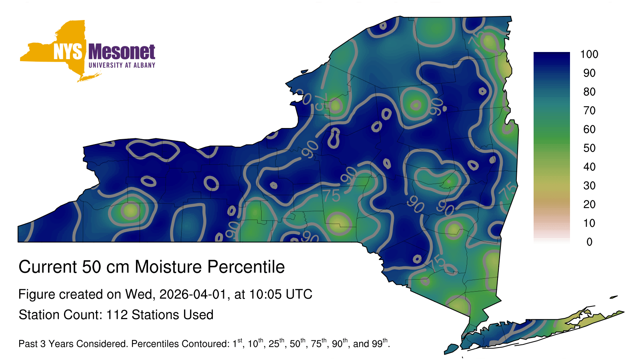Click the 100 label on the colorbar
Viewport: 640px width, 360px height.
coord(589,54)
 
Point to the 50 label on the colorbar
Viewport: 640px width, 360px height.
coord(589,148)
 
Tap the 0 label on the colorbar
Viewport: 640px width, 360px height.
coord(589,242)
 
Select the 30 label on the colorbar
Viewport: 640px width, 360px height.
coord(589,186)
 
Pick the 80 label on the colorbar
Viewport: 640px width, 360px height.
coord(589,92)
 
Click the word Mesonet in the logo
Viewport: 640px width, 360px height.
coord(122,52)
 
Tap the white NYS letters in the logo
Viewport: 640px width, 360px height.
coord(68,52)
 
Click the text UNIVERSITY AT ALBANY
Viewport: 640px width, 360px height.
coord(122,65)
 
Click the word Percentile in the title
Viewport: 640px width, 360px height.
coord(246,267)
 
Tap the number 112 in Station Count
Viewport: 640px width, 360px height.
coord(117,315)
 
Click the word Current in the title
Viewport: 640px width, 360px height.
coord(48,267)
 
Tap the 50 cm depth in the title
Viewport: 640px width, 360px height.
coord(106,267)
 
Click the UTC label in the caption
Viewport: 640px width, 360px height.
coord(299,294)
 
